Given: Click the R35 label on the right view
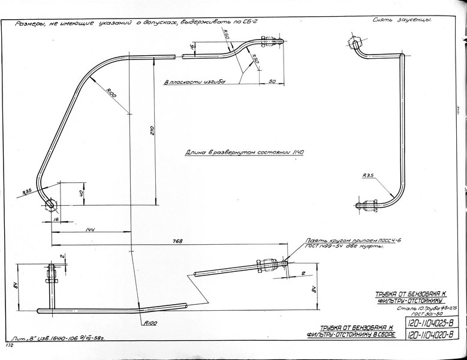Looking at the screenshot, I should (368, 176).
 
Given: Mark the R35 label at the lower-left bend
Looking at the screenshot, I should (27, 192).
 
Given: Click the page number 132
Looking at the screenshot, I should (9, 346).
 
